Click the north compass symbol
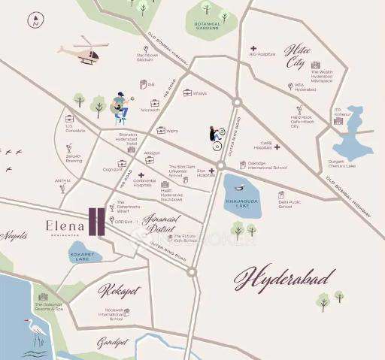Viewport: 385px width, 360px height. (35, 21)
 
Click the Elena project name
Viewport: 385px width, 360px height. (62, 225)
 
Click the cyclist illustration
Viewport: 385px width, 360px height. (217, 138)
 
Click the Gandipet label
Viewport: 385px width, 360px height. (111, 342)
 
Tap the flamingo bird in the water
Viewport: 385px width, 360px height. (35, 331)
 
